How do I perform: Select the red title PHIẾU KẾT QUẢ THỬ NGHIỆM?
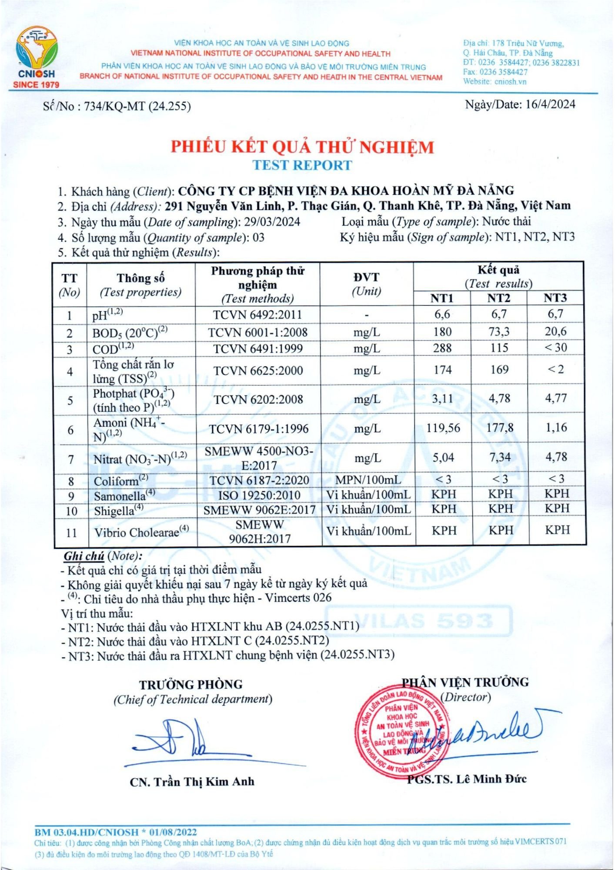(302, 147)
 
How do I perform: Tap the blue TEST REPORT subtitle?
(302, 165)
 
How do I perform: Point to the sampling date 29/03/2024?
(272, 222)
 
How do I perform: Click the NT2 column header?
(498, 298)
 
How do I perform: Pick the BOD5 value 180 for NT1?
(442, 331)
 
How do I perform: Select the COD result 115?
(499, 348)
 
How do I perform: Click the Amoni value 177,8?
(499, 428)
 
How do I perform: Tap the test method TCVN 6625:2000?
(258, 370)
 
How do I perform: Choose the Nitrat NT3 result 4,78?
(556, 457)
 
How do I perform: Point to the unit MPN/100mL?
(368, 480)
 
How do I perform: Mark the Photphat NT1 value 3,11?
(442, 398)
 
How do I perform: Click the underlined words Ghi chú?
(84, 556)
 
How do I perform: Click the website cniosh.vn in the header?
(510, 81)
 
